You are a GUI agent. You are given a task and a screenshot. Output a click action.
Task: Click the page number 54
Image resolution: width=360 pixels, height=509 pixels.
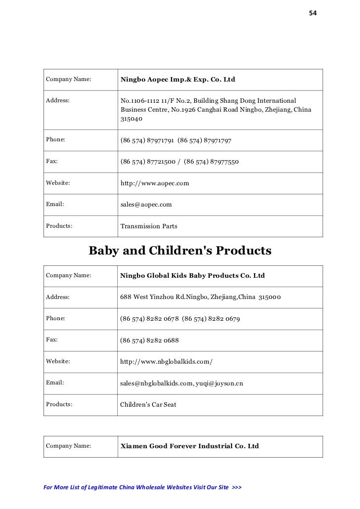[x=313, y=12]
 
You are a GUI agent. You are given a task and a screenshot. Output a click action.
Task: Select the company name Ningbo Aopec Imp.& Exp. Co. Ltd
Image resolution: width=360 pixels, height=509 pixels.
[x=178, y=79]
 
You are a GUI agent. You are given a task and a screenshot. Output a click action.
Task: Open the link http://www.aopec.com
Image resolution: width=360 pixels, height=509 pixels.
[x=155, y=183]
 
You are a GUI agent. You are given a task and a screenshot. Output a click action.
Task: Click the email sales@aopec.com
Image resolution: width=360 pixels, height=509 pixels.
[x=146, y=204]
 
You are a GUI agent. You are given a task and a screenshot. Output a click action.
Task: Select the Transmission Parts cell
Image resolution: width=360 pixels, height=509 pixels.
[x=149, y=227]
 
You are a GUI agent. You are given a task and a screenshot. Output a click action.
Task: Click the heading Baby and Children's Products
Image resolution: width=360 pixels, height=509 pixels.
[x=180, y=251]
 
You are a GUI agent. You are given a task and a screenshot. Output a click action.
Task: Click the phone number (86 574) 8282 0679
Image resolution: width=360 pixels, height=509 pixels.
[x=211, y=319]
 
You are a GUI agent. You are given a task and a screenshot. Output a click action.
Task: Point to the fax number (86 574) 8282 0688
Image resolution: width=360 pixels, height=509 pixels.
[x=150, y=340]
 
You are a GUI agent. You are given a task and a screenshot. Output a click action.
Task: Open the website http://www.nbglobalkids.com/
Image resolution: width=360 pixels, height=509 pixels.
[x=167, y=362]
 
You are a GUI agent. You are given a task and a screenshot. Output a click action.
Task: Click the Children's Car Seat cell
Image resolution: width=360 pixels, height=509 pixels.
[x=148, y=404]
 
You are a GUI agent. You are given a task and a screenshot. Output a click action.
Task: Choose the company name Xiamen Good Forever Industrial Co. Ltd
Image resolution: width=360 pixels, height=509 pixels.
[x=190, y=446]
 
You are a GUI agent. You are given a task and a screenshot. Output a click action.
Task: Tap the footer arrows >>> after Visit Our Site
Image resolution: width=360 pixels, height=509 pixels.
[x=236, y=487]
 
